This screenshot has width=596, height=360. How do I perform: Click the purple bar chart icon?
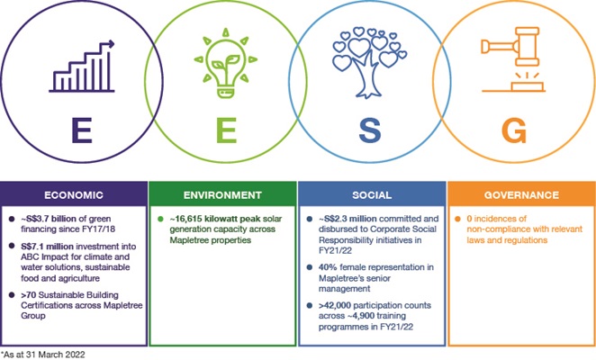(x=82, y=67)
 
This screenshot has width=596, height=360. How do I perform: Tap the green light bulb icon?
(x=226, y=63)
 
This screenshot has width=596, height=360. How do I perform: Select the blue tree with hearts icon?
(x=369, y=62)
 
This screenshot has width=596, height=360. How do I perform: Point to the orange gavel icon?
(x=513, y=59)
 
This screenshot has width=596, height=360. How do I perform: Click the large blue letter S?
(x=370, y=130)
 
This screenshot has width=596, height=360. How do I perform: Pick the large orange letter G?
(x=514, y=130)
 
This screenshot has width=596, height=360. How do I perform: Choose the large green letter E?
(x=227, y=130)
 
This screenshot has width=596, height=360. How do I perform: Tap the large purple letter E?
(x=82, y=130)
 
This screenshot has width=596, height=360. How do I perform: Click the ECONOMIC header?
(x=74, y=195)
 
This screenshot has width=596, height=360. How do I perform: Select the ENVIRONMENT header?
(x=222, y=195)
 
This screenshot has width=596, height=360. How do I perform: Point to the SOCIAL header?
(x=372, y=195)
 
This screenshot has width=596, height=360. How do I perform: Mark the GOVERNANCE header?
(x=521, y=195)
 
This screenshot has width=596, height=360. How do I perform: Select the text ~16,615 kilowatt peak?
(x=215, y=219)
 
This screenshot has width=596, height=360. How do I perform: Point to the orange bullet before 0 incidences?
(x=457, y=219)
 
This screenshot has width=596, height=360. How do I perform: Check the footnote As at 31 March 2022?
(x=42, y=355)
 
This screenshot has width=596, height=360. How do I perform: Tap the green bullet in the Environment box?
(x=160, y=219)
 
